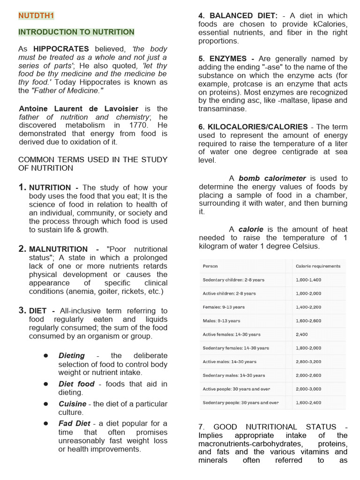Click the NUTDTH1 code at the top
(36, 15)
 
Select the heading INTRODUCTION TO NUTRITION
(76, 32)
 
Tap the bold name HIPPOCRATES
(61, 49)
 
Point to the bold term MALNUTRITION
(58, 249)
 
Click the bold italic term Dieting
(72, 355)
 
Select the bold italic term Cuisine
(72, 404)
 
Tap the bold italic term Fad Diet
(74, 423)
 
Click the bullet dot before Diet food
(46, 383)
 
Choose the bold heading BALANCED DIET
(238, 15)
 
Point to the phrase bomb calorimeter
(272, 178)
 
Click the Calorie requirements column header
(318, 266)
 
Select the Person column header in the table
(210, 266)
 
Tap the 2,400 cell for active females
(302, 335)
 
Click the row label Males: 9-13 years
(221, 321)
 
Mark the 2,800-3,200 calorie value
(308, 362)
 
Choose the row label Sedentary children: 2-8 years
(233, 280)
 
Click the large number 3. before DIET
(22, 310)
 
